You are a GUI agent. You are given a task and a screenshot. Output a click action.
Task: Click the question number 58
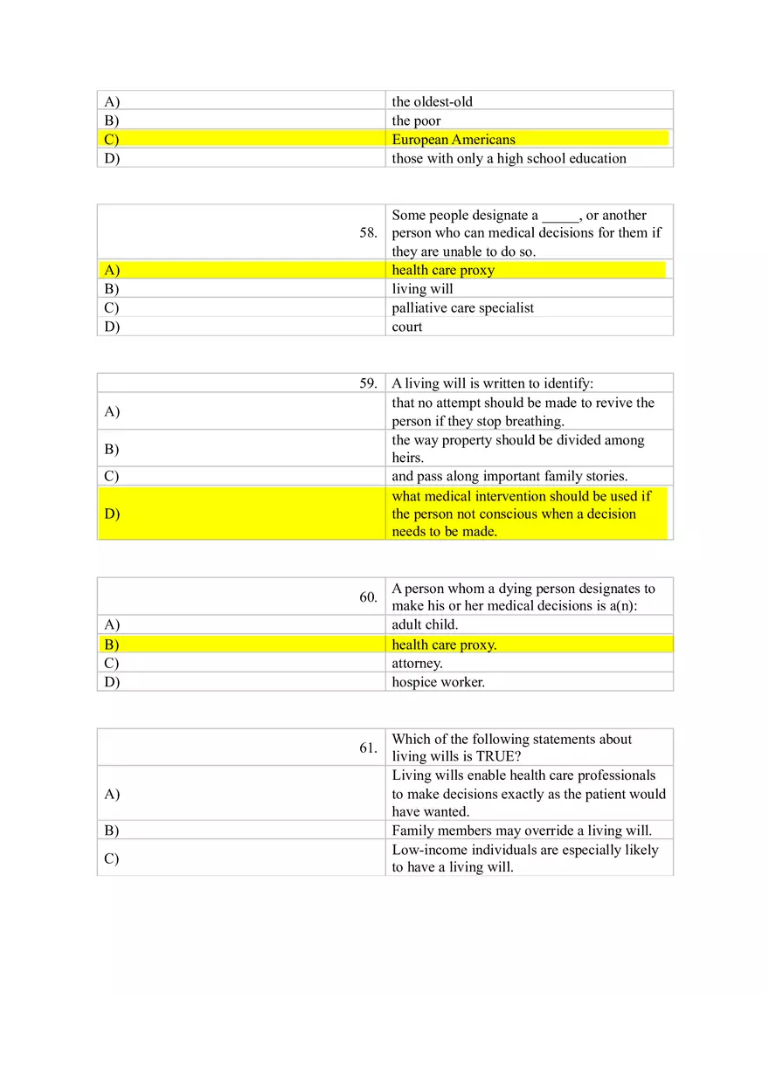368,233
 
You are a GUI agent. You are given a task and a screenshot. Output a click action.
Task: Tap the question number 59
368,383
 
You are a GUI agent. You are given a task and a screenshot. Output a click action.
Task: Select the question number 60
368,597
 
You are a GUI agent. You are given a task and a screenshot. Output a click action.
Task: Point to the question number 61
368,748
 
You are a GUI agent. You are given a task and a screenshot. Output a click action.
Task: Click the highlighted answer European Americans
454,140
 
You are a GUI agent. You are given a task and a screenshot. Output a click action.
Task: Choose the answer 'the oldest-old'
432,101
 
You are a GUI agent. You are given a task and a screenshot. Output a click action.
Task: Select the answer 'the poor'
416,121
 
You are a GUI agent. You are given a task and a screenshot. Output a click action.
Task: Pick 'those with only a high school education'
509,158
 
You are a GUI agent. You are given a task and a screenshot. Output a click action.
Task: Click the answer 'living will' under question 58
422,289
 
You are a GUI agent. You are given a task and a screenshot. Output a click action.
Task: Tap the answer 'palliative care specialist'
462,307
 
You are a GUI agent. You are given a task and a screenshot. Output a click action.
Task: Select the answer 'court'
406,327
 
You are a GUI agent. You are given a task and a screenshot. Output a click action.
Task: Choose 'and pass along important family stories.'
509,476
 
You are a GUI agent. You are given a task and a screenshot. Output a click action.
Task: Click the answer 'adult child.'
425,624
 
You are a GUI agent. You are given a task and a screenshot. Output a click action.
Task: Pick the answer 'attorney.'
417,663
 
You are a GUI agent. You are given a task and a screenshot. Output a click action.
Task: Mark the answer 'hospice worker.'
438,682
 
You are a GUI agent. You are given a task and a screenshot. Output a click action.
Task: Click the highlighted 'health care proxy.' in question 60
444,644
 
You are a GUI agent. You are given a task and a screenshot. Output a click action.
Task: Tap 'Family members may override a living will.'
522,830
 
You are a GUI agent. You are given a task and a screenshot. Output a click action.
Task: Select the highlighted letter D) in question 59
112,513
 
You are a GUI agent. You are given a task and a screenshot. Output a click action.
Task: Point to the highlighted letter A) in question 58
112,270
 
